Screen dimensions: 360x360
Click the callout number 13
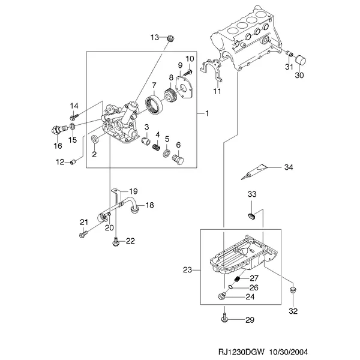point(154,38)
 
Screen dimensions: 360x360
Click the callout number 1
point(207,113)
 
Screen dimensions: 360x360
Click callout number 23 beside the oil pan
point(188,271)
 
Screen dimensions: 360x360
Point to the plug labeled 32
point(293,292)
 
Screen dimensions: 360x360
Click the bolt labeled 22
point(114,241)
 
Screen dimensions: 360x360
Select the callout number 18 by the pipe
point(149,205)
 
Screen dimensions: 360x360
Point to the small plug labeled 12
point(73,161)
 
